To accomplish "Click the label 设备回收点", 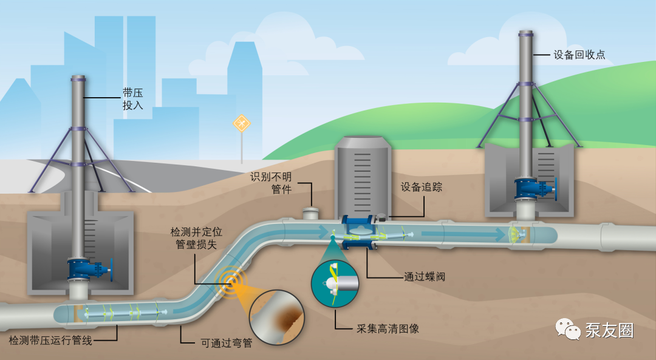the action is coord(579,55).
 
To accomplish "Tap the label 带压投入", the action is coord(132,99).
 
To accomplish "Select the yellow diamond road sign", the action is coord(241,123).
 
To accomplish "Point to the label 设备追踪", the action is coord(422,187).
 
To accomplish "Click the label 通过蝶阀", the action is coord(425,276).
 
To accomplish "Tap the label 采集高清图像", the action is coord(388,328).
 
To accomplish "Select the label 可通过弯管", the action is coord(227,343).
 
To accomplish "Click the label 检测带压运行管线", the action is coord(50,341).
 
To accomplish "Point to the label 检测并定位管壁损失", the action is coord(196,238).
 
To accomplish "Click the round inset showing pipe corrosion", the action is coord(276,318).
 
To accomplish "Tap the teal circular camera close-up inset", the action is coord(335,284).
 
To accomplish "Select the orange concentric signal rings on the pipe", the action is coord(231,280).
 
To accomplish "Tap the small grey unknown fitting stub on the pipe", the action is coord(310,213).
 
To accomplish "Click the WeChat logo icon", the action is coord(568,329).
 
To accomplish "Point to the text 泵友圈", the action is coord(610,330).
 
